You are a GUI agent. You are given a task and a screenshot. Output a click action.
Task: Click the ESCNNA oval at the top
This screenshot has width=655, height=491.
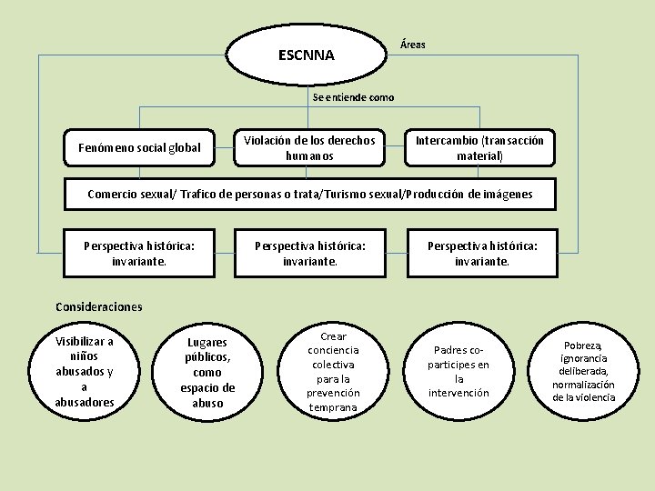[307, 55]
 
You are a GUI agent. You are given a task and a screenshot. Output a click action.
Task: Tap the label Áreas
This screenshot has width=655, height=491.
[412, 45]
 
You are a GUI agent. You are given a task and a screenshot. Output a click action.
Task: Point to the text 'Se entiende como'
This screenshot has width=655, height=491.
[353, 97]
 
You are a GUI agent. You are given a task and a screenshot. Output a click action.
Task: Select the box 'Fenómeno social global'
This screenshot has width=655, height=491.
[139, 147]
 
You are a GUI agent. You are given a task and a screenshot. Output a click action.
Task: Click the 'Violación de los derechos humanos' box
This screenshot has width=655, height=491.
[308, 148]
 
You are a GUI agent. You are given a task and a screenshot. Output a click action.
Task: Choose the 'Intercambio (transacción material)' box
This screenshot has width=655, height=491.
[479, 148]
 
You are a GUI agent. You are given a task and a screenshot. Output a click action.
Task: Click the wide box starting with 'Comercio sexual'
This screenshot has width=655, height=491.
[309, 194]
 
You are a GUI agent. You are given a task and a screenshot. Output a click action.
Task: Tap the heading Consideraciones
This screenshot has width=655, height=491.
[99, 306]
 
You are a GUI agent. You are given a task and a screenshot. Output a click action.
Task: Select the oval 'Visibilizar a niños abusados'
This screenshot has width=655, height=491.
[85, 372]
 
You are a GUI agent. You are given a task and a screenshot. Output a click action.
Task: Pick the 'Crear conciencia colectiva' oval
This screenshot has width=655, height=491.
[334, 372]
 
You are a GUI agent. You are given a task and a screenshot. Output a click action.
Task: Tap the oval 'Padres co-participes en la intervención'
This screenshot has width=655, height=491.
[458, 372]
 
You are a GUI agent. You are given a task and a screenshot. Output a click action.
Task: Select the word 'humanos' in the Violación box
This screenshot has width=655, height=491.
[308, 156]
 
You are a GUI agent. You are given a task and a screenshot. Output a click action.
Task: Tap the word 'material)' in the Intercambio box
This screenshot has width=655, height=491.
[479, 156]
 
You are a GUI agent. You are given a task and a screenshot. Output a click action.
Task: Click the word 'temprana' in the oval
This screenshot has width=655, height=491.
[334, 407]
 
